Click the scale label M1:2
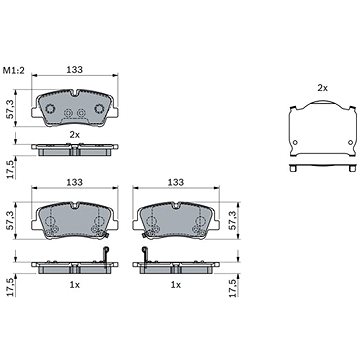tap(14, 70)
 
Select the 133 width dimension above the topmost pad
tap(74, 70)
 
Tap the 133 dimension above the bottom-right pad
tap(176, 182)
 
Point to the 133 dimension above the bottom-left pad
tap(74, 182)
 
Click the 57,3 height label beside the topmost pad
tap(10, 109)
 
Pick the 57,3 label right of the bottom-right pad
tap(232, 221)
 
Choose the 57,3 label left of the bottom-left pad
tap(10, 221)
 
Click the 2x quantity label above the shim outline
tap(322, 88)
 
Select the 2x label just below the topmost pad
tap(74, 135)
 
